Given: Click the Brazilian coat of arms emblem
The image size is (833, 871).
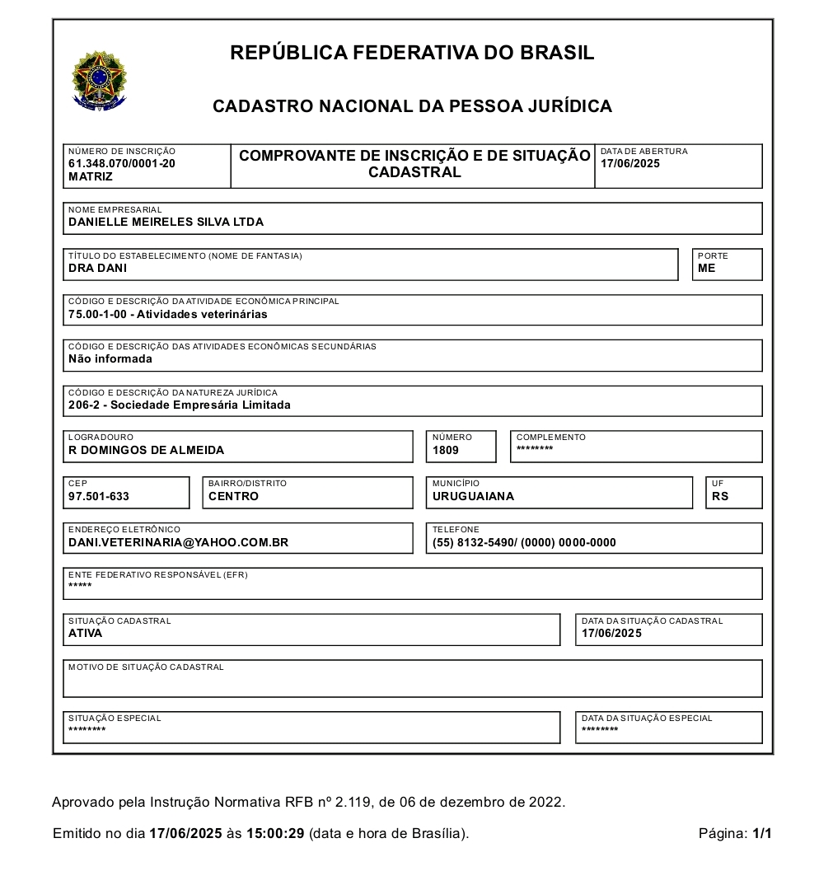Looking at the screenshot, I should [99, 81].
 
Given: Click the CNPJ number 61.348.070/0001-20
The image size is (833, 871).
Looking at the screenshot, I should [121, 163].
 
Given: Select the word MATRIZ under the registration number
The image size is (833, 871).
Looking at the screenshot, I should [90, 176].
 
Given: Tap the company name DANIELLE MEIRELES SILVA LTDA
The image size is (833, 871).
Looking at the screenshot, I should [166, 222].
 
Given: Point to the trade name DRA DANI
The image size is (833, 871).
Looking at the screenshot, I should [97, 268].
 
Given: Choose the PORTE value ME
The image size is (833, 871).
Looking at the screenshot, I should [706, 268].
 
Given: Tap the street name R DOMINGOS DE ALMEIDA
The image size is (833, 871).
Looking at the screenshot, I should [146, 450].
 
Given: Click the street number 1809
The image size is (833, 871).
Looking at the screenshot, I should [446, 450].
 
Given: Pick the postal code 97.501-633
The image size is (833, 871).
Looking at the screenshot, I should [99, 496].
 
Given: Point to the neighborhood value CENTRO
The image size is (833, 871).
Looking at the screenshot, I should [233, 496].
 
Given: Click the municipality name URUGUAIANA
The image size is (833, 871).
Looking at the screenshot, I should [473, 496].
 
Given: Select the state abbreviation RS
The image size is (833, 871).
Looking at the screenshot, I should [720, 496].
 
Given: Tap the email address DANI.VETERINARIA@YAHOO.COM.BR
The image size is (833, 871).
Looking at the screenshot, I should [178, 542].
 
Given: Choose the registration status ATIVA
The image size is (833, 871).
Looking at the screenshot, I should [85, 634].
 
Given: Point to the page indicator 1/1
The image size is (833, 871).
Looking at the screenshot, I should [761, 833].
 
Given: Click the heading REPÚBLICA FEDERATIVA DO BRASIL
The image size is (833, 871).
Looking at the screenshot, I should [412, 53].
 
